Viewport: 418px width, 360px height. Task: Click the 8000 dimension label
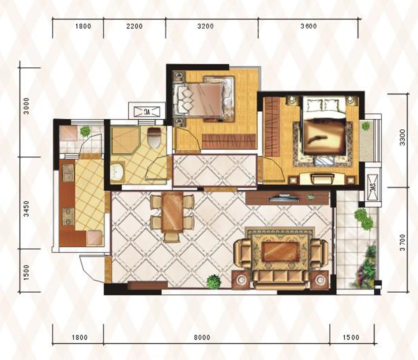click(x=202, y=337)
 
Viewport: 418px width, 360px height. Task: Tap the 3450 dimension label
click(x=26, y=209)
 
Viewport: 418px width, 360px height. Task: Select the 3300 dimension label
click(x=402, y=137)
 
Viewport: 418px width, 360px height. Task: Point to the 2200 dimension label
click(x=135, y=26)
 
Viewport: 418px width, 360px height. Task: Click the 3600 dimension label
click(x=308, y=26)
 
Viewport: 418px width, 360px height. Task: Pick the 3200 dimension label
click(x=206, y=26)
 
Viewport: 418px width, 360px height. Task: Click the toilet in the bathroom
click(x=154, y=137)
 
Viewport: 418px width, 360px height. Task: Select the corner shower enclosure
click(x=125, y=141)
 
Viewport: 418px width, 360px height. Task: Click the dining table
click(x=173, y=212)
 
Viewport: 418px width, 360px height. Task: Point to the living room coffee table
click(x=280, y=251)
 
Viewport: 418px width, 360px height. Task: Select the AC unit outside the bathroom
click(x=147, y=112)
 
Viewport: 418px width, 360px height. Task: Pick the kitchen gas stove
click(x=69, y=217)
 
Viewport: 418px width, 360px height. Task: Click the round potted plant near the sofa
click(x=214, y=282)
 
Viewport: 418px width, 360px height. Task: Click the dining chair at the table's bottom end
click(x=172, y=237)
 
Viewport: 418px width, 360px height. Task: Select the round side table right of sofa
click(x=320, y=280)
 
